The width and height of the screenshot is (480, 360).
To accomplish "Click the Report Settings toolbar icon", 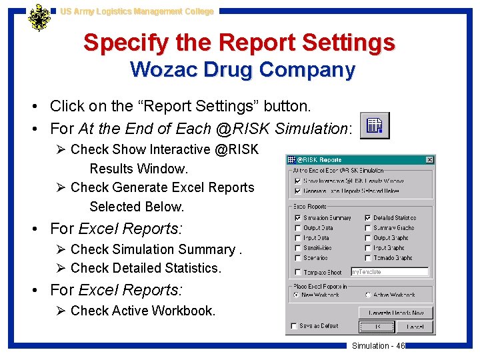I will [375, 125].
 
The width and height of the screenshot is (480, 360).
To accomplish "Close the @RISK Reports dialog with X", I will [430, 159].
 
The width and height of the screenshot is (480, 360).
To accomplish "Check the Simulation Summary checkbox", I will [297, 218].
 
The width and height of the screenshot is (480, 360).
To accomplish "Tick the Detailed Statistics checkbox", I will [367, 218].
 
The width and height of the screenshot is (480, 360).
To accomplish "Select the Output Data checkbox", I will [297, 228].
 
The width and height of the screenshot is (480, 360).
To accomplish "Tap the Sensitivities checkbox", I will [297, 248].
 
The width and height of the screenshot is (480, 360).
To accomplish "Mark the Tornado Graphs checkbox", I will [367, 257].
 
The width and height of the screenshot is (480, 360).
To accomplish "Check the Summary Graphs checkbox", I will [367, 228].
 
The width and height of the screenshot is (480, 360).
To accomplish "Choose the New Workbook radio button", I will [296, 295].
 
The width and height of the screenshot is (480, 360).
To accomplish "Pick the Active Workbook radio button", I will [367, 295].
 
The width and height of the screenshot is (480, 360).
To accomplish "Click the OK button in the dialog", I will [377, 327].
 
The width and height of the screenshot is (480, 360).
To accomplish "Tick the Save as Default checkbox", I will [294, 326].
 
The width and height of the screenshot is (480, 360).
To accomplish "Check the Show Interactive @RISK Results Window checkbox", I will [297, 181].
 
